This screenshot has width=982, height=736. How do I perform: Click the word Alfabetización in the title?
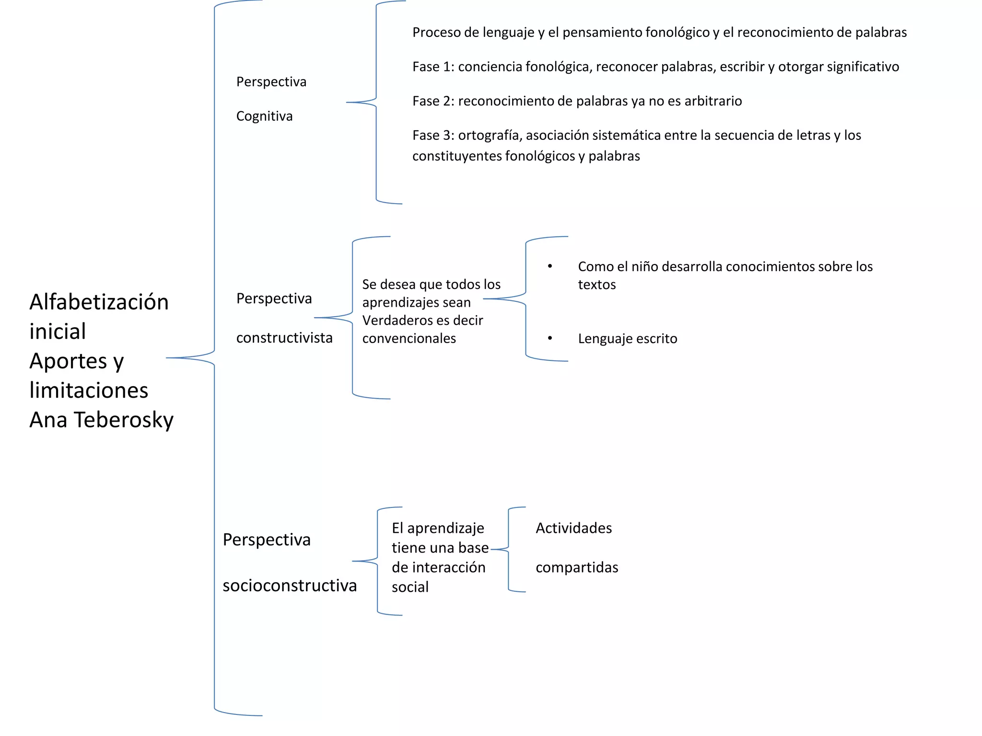click(x=99, y=302)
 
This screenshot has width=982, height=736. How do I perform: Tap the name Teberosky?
click(x=123, y=420)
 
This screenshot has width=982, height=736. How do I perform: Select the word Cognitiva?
click(x=264, y=116)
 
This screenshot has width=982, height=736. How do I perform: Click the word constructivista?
click(x=284, y=338)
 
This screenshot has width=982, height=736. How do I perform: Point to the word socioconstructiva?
click(x=290, y=586)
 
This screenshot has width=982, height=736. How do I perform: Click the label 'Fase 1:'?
click(x=433, y=67)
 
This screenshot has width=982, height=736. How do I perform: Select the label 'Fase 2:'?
click(x=433, y=102)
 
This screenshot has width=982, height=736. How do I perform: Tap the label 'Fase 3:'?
click(x=433, y=136)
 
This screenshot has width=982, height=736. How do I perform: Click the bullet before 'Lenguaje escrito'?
click(x=550, y=338)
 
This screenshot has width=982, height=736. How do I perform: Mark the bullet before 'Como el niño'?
click(x=550, y=266)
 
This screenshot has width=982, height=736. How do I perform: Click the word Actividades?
click(x=573, y=528)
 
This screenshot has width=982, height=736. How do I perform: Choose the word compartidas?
click(x=577, y=568)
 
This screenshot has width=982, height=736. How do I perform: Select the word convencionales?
click(x=409, y=339)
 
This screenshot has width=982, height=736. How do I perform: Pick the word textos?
click(x=596, y=285)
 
